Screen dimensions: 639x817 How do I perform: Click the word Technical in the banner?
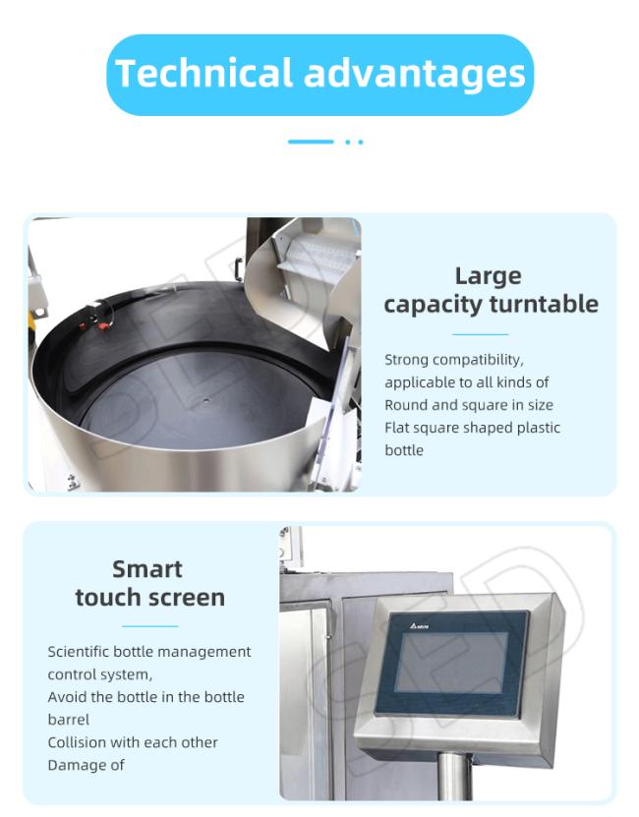pyautogui.click(x=203, y=73)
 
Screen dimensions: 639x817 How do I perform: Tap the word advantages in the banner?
pyautogui.click(x=414, y=75)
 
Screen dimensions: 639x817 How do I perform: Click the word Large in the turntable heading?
pyautogui.click(x=488, y=276)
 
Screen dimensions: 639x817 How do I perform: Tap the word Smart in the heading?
pyautogui.click(x=147, y=569)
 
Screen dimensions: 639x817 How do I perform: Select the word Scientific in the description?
pyautogui.click(x=79, y=652)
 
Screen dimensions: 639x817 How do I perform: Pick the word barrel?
pyautogui.click(x=68, y=720)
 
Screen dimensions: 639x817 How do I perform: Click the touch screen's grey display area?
pyautogui.click(x=451, y=663)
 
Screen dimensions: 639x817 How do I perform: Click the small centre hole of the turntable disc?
pyautogui.click(x=206, y=401)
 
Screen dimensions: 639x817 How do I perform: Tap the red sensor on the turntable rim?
pyautogui.click(x=103, y=326)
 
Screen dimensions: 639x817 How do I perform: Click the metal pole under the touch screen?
pyautogui.click(x=454, y=777)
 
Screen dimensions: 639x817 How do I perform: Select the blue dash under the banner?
pyautogui.click(x=311, y=142)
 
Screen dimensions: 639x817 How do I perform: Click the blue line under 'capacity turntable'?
pyautogui.click(x=480, y=334)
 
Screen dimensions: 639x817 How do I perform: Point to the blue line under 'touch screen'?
pyautogui.click(x=150, y=626)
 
